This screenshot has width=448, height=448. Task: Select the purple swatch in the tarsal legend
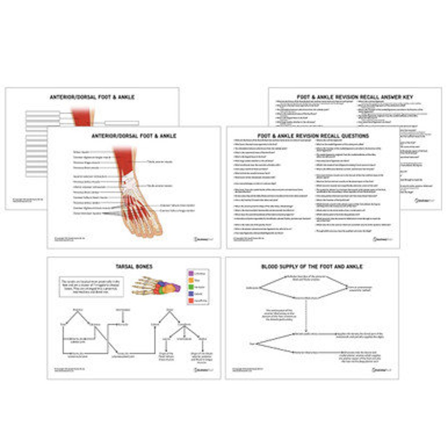click(191, 273)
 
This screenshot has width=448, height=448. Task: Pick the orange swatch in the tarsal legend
click(191, 280)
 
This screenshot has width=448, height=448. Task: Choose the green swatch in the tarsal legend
click(191, 287)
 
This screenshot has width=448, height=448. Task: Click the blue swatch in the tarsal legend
click(191, 293)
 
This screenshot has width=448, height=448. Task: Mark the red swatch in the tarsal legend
click(191, 300)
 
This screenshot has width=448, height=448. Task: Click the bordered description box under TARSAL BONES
click(92, 287)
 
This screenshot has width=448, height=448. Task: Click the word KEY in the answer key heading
click(407, 97)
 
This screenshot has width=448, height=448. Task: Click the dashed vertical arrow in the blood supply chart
click(306, 315)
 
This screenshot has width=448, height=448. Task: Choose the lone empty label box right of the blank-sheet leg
click(122, 123)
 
